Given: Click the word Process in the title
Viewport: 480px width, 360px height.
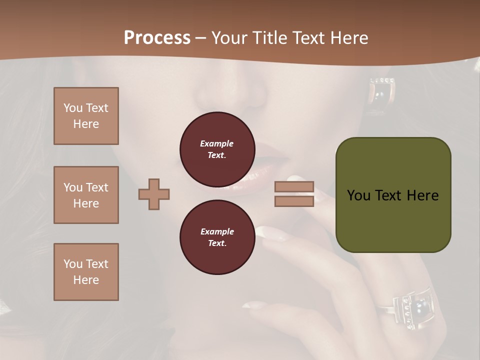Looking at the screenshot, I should (157, 38).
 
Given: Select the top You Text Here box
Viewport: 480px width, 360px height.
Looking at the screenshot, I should (86, 116).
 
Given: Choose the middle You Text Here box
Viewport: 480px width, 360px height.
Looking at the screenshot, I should (86, 195).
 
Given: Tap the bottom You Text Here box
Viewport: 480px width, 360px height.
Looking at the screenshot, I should (86, 271).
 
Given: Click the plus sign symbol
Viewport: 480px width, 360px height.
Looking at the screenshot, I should (154, 194).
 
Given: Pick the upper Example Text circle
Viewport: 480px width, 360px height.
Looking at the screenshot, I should (217, 149).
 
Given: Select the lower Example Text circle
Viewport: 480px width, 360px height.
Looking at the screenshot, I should (217, 237).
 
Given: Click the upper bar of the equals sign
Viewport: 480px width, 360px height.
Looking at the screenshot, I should (294, 186).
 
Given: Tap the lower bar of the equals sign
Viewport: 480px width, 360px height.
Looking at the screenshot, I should (294, 201).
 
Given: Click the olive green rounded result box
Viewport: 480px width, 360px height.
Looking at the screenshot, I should (393, 195).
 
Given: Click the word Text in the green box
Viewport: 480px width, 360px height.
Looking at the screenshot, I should (392, 195).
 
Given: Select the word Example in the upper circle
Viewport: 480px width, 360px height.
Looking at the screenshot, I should (216, 144).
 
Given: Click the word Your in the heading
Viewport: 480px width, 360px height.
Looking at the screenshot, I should (230, 38).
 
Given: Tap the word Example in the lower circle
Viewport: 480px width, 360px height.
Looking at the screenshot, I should (216, 232).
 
